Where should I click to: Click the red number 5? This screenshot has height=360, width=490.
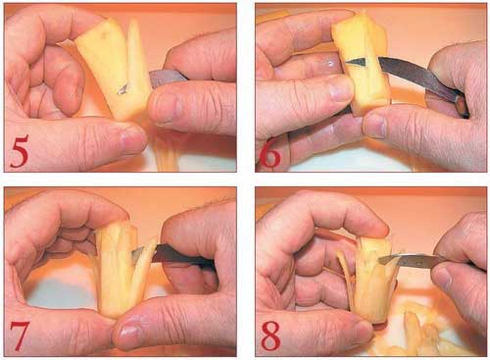coord(20,152)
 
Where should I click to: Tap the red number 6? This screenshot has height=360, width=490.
coord(269,154)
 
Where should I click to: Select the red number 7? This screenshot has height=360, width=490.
coord(20,335)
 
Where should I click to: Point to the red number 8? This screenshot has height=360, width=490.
coord(271,335)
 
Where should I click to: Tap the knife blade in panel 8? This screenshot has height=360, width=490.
coord(413,260)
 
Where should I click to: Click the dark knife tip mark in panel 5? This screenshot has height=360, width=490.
coord(122,88)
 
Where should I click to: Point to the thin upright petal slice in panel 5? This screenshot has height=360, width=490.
coord(134,49)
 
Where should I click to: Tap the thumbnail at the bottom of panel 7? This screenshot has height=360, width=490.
coord(128,332)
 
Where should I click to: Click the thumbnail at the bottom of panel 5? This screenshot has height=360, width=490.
coord(131,138)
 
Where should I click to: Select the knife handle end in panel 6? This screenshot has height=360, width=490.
coord(462,106)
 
